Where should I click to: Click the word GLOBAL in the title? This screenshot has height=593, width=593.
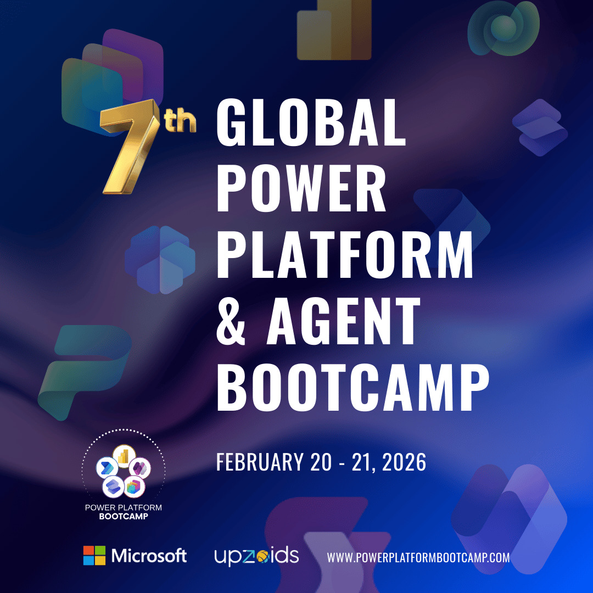pos(311,124)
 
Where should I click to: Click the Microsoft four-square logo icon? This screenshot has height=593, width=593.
pos(94,556)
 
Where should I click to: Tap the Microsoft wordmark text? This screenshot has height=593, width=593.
pos(149,556)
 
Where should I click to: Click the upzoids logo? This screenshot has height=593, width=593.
pos(256,556)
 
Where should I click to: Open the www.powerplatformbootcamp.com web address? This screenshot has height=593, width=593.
pos(418,557)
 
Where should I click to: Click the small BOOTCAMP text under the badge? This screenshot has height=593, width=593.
pos(124,517)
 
